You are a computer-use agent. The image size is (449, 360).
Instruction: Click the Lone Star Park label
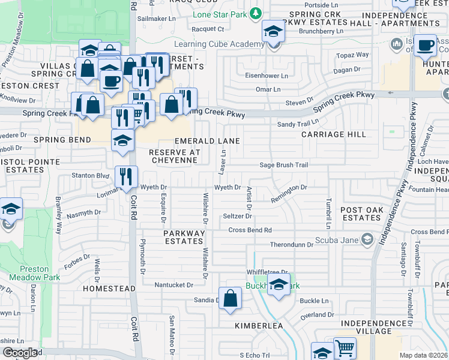[x=220, y=13]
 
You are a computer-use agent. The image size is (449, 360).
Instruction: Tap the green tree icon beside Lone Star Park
[x=256, y=13]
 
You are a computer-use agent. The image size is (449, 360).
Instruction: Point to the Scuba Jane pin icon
[x=368, y=240]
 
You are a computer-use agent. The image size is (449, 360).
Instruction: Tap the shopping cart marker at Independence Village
[x=345, y=348]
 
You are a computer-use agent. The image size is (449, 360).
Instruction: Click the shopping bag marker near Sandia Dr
[x=230, y=298]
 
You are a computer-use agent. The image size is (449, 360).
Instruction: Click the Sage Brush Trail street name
[x=283, y=165]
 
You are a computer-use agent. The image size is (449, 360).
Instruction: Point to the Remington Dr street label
[x=289, y=188]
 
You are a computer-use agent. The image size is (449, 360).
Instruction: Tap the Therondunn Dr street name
[x=292, y=245]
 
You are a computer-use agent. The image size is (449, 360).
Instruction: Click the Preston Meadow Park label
[x=29, y=274]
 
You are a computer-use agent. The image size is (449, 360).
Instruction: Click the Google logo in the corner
[x=19, y=353]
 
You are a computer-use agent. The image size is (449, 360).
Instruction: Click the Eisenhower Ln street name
[x=267, y=76]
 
